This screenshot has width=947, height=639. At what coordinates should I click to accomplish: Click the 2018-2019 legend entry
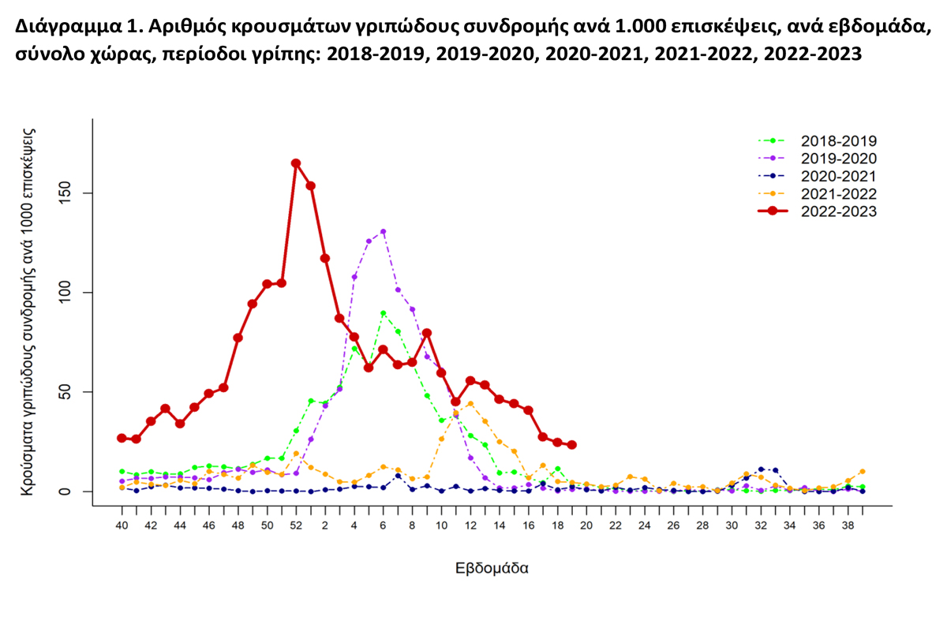click(838, 141)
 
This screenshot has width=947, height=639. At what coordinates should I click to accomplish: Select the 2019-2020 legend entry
click(838, 159)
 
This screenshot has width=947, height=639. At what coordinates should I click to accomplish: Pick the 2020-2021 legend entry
click(838, 176)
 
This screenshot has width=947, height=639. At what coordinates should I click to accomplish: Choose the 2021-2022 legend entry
click(838, 193)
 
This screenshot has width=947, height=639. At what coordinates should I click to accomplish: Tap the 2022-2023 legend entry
click(838, 211)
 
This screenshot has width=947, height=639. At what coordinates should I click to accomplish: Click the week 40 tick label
click(122, 525)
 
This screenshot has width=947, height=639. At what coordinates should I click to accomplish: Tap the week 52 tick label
click(296, 525)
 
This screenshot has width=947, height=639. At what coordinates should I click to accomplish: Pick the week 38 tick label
click(848, 525)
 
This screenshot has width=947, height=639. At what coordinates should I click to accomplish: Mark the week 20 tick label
click(586, 525)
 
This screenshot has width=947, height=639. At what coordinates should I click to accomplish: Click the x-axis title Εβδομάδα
click(492, 568)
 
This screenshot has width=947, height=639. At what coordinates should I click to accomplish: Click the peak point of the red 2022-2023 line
click(296, 163)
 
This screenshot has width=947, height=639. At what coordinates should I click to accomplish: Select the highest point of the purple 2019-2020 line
click(383, 232)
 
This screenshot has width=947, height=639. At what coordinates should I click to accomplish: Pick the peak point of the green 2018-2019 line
click(383, 313)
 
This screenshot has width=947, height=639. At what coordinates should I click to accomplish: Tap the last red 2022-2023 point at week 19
click(572, 445)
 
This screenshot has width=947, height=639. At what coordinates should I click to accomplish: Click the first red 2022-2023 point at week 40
click(122, 438)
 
